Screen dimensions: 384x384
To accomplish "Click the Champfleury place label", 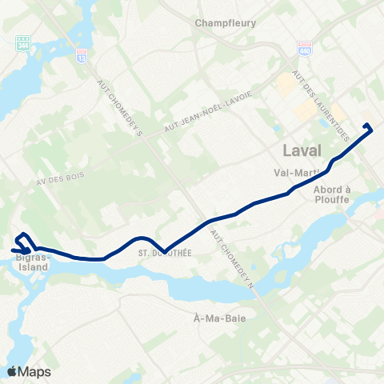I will pos(226,23).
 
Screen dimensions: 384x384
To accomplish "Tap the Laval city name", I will pos(302,150).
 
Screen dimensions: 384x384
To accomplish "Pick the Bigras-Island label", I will pos(33,262).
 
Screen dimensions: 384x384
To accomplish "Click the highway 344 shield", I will pos(22,42).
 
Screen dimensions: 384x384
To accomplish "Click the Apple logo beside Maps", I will pos(11,371).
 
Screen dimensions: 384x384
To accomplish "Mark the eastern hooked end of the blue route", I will pos(367,126).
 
